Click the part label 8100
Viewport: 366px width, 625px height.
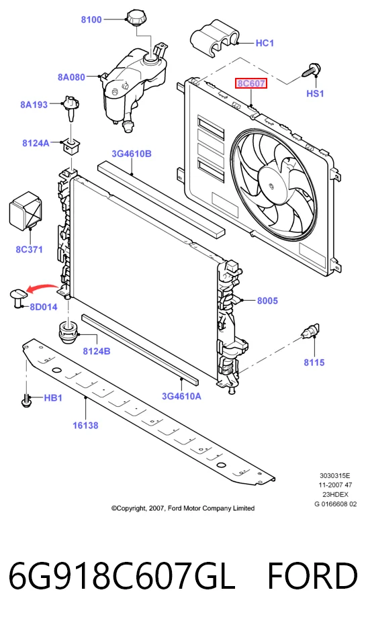click(91, 19)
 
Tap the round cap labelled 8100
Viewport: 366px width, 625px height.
click(136, 18)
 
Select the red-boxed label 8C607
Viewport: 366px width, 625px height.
click(250, 84)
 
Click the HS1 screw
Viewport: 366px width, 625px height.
click(312, 70)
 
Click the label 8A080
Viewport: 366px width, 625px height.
click(71, 77)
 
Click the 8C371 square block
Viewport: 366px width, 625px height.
click(25, 211)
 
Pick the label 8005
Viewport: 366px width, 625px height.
click(267, 301)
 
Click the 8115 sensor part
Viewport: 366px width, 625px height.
click(310, 331)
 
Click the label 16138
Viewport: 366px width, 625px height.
click(85, 426)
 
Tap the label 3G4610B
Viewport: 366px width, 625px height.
click(131, 154)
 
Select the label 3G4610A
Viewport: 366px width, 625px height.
click(181, 396)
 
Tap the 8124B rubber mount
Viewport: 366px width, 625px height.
click(68, 332)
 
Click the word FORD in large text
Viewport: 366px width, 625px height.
click(312, 577)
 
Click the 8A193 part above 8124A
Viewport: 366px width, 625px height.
click(70, 107)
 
